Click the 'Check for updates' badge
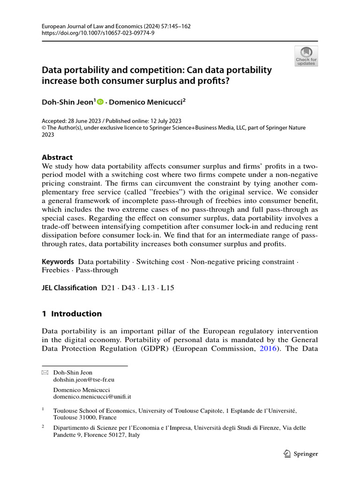tap(306, 55)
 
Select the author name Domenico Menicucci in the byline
tap(145, 101)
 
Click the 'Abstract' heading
tap(57, 157)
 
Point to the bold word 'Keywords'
tap(58, 262)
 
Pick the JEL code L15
tap(167, 288)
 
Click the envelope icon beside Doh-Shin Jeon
tap(45, 373)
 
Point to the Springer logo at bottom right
tap(301, 453)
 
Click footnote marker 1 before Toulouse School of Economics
tap(43, 409)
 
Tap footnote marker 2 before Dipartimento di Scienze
tap(43, 426)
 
